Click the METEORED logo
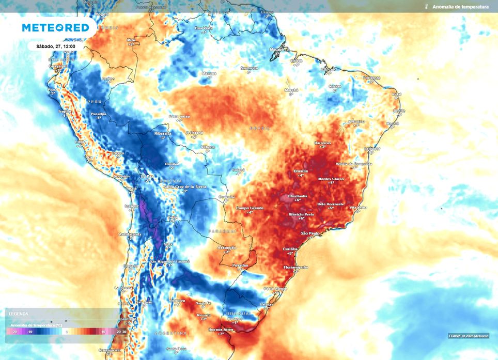coord(55,28)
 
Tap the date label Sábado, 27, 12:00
coord(56,46)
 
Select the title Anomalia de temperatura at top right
coord(460,7)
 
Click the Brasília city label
coord(300,170)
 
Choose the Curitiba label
coord(290,249)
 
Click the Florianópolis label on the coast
coord(296,267)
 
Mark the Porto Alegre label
coord(275,288)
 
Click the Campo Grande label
coord(250,208)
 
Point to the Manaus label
coord(209,73)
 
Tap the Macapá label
coord(277,49)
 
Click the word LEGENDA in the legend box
coord(19,314)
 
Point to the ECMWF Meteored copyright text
coord(468,336)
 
